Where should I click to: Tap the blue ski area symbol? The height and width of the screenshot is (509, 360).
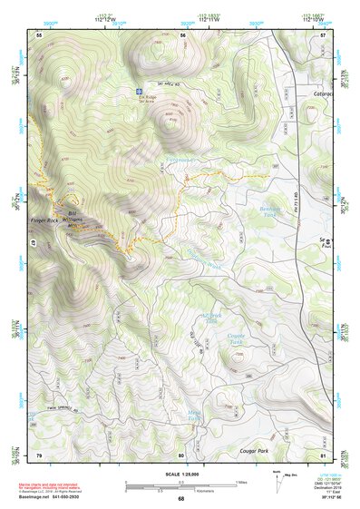coord(139,93)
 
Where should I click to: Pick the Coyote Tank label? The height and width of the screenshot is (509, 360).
coord(238,338)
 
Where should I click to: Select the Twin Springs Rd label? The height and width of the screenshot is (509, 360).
coord(49,408)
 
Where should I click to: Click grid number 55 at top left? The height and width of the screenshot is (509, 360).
coord(39,34)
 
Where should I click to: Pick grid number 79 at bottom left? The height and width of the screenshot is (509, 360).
coord(39,455)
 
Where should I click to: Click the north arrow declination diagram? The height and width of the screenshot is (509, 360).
coord(278,478)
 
